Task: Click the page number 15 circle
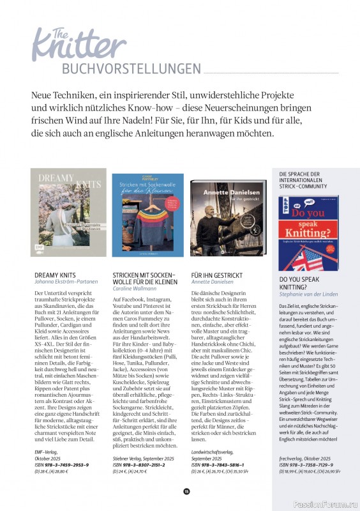tap(186, 491)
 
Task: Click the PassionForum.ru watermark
tap(326, 502)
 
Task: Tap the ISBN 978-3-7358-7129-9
tap(306, 465)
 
